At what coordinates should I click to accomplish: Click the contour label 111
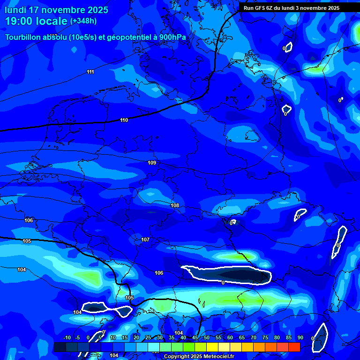pos(90,72)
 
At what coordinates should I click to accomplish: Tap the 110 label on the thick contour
pos(124,120)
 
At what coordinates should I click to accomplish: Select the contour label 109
pos(152,163)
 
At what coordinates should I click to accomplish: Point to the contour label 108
pos(175,205)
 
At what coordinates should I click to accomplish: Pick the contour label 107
pos(145,240)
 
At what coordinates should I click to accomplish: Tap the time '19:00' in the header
pos(20,21)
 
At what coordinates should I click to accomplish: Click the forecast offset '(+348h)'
pos(83,21)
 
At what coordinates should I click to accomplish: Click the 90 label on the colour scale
pos(300,338)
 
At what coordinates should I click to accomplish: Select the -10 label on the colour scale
pos(67,338)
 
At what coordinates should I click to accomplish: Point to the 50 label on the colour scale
pos(206,338)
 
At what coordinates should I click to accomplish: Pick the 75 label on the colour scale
pos(265,338)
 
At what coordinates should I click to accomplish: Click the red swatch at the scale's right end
pos(294,347)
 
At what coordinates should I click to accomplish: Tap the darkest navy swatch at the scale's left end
pos(60,347)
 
